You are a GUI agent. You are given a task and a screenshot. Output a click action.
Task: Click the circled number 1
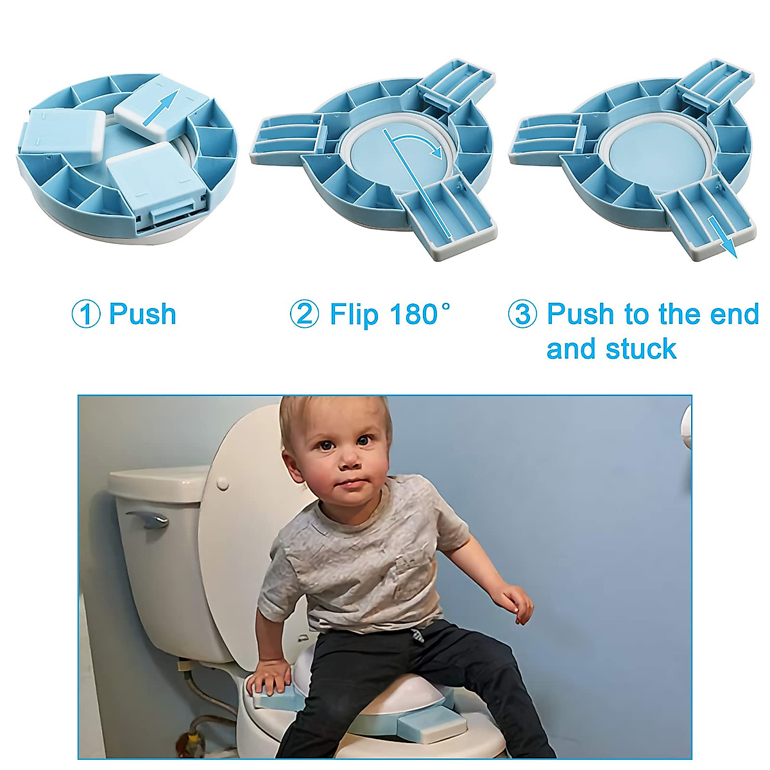click(x=85, y=314)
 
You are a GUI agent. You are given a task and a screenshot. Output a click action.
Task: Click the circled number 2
click(x=304, y=314)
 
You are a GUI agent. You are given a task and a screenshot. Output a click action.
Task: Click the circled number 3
click(x=522, y=314)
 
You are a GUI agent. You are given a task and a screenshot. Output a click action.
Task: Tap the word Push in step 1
click(x=142, y=314)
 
